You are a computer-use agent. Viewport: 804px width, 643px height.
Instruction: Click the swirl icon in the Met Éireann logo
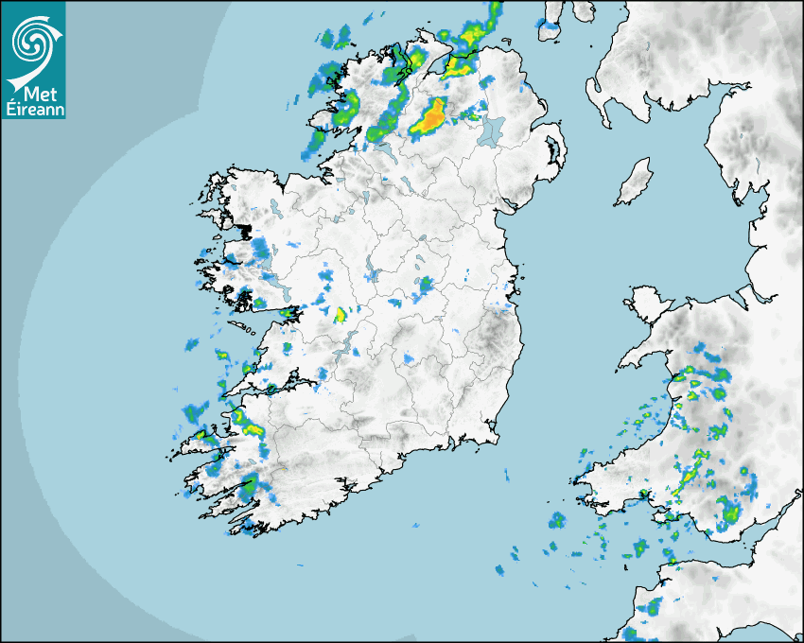(32, 39)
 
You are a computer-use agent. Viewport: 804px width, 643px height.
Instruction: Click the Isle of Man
(634, 182)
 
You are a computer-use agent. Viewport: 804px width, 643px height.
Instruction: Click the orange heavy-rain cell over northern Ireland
(431, 117)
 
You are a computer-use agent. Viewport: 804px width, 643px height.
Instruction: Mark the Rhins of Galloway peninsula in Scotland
(598, 95)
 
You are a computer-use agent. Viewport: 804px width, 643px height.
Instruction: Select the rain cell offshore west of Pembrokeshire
(557, 519)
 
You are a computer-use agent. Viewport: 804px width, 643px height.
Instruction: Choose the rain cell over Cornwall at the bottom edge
(651, 605)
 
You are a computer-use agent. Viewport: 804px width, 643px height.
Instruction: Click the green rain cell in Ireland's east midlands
(425, 284)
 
